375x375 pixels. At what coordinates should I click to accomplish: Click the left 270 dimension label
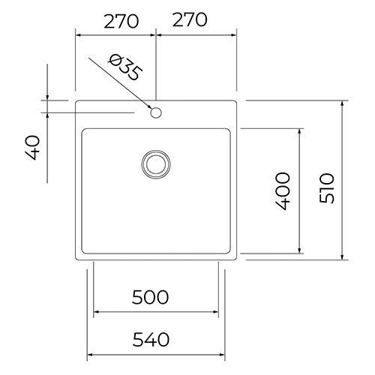click(x=121, y=21)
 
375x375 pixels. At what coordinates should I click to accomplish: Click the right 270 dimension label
click(x=190, y=19)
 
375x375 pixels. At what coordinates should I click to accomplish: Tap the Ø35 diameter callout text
click(x=125, y=67)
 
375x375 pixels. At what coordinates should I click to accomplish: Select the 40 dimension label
click(x=33, y=148)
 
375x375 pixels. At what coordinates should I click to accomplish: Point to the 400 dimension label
click(x=283, y=191)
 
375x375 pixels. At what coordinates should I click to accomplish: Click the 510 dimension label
click(x=327, y=188)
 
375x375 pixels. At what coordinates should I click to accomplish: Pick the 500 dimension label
click(x=150, y=297)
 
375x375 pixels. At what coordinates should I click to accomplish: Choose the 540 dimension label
click(x=151, y=339)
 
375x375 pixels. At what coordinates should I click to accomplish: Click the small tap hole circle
click(x=156, y=112)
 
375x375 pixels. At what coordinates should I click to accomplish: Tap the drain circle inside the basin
click(x=156, y=164)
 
